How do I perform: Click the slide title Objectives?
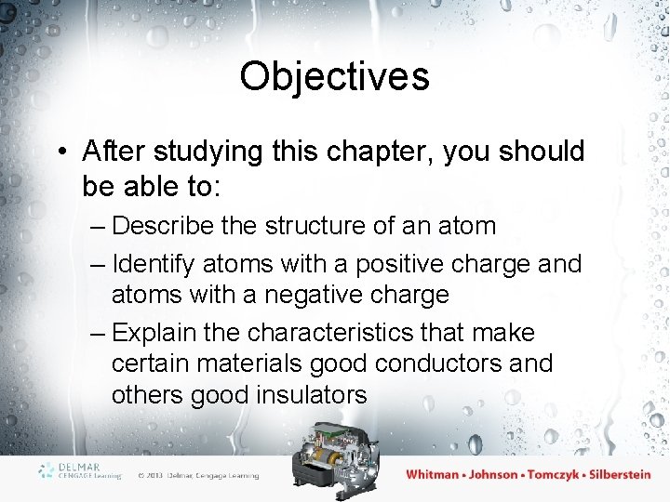pos(334,76)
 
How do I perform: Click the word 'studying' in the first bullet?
pos(195,152)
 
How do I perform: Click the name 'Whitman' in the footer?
pos(432,474)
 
